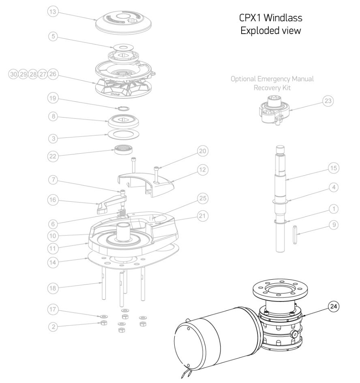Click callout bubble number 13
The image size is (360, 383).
[x=52, y=12]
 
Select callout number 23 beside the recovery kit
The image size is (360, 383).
[x=328, y=101]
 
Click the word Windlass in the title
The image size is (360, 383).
[x=284, y=18]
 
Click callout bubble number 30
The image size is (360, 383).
[x=13, y=75]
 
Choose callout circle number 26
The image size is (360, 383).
[x=52, y=75]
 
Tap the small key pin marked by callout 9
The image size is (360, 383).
[x=294, y=235]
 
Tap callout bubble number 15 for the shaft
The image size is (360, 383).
[x=333, y=167]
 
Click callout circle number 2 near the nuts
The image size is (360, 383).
[x=52, y=325]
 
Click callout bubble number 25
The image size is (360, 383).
[x=203, y=198]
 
